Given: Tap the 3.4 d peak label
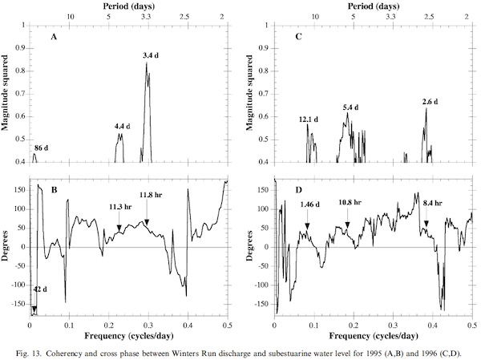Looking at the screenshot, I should click(x=149, y=55).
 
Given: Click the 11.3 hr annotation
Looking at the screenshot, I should click(x=120, y=206).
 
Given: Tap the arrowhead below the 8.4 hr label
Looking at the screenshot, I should click(x=426, y=224).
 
